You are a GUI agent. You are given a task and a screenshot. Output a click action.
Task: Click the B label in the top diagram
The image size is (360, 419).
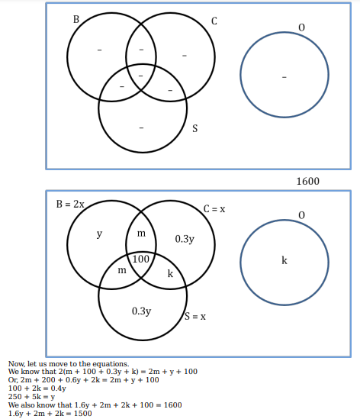click(76, 19)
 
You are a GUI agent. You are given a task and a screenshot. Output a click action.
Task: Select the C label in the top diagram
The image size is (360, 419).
click(214, 21)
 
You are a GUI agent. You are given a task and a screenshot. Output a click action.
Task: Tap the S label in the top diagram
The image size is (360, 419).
click(195, 128)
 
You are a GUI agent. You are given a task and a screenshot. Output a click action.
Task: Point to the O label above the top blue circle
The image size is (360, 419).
click(301, 27)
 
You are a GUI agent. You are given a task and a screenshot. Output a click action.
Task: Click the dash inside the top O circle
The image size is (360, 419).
click(284, 77)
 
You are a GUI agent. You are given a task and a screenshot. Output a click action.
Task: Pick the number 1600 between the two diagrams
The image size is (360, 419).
click(307, 181)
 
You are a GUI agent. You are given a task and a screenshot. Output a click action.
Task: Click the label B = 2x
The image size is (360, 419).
click(70, 205)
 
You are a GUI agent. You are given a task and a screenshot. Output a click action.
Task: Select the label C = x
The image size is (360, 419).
click(214, 209)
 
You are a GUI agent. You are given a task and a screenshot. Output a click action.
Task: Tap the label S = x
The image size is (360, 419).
click(195, 317)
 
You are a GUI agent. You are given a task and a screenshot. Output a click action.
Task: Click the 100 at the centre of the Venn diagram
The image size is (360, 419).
click(141, 259)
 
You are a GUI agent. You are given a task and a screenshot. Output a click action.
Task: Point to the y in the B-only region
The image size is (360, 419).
click(99, 234)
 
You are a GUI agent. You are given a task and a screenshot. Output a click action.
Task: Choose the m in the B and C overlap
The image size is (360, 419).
click(141, 234)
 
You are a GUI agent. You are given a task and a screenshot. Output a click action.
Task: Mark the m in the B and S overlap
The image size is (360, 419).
click(122, 270)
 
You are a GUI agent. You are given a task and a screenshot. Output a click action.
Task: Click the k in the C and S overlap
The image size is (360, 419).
click(170, 273)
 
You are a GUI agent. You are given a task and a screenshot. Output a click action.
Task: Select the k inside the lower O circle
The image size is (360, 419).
click(284, 260)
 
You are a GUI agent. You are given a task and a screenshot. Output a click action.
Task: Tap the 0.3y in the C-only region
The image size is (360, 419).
click(185, 239)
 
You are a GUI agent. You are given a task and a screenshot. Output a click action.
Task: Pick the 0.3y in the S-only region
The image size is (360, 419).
click(142, 311)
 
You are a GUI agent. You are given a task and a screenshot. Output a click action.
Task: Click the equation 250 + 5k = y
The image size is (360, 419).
click(31, 397)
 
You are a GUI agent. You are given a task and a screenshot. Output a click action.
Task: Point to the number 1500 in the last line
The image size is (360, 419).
click(83, 414)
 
